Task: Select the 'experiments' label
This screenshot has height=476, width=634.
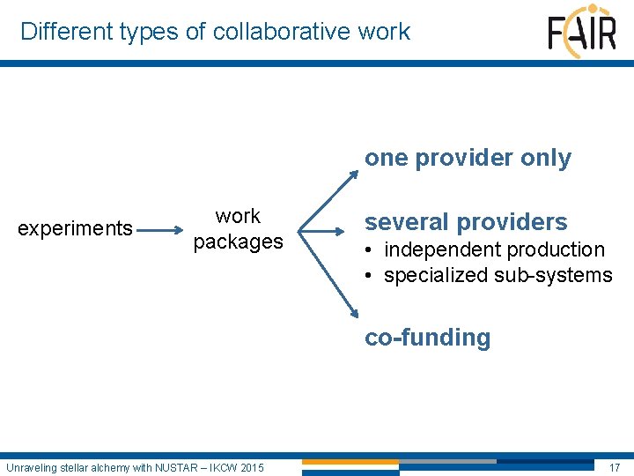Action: [x=75, y=229]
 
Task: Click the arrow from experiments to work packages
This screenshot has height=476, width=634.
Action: [x=159, y=230]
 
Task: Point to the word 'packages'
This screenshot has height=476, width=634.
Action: [x=238, y=242]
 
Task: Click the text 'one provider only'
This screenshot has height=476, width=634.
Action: [x=468, y=159]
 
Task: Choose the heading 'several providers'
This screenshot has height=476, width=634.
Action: [x=466, y=222]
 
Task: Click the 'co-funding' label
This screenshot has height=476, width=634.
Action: [x=427, y=338]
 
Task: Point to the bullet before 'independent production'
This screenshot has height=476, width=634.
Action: [x=371, y=250]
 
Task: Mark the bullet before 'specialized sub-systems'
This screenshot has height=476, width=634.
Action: [x=371, y=276]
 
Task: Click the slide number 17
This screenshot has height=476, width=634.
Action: [x=614, y=466]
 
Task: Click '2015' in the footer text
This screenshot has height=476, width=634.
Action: [x=250, y=466]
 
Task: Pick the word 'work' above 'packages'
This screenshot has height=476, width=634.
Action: [x=238, y=217]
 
